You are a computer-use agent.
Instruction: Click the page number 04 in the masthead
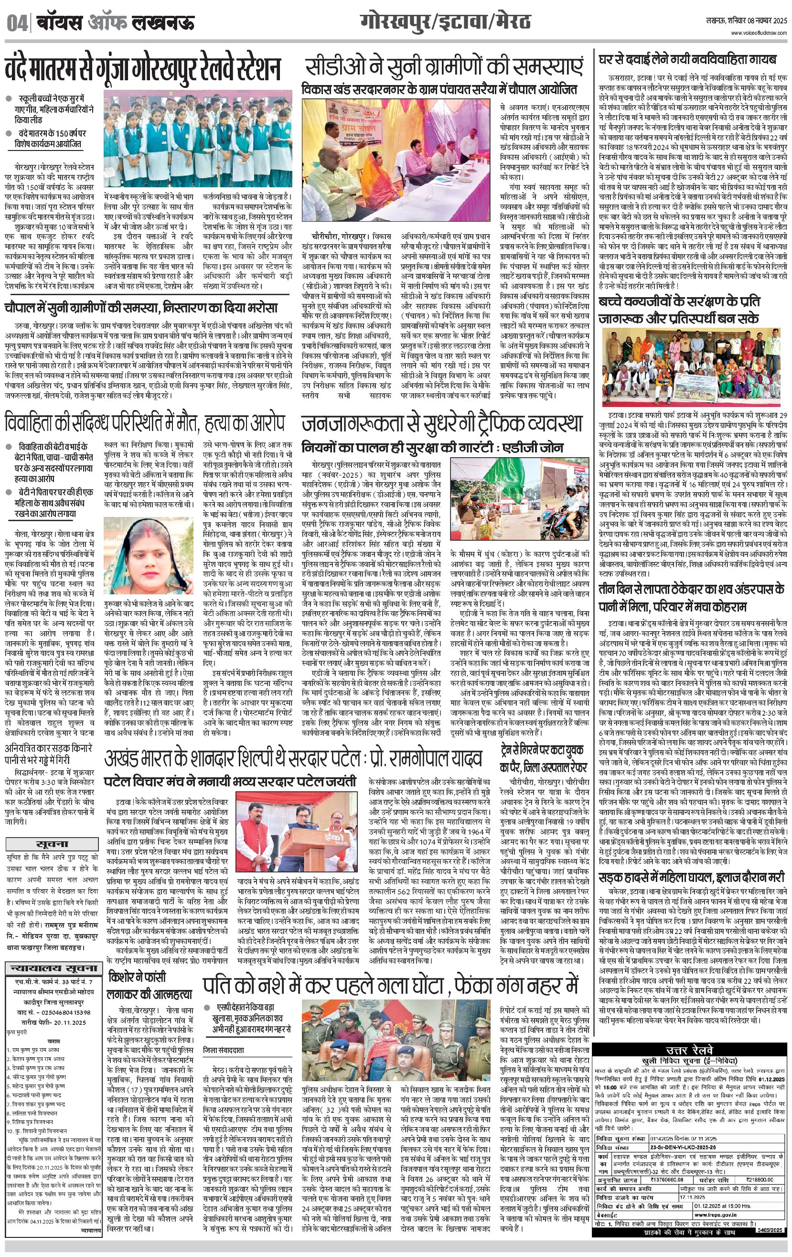click(x=17, y=23)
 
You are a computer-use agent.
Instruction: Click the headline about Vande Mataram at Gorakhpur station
click(x=142, y=69)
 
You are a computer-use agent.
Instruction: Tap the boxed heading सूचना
click(x=52, y=844)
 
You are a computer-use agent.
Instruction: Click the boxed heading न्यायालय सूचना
click(x=52, y=968)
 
